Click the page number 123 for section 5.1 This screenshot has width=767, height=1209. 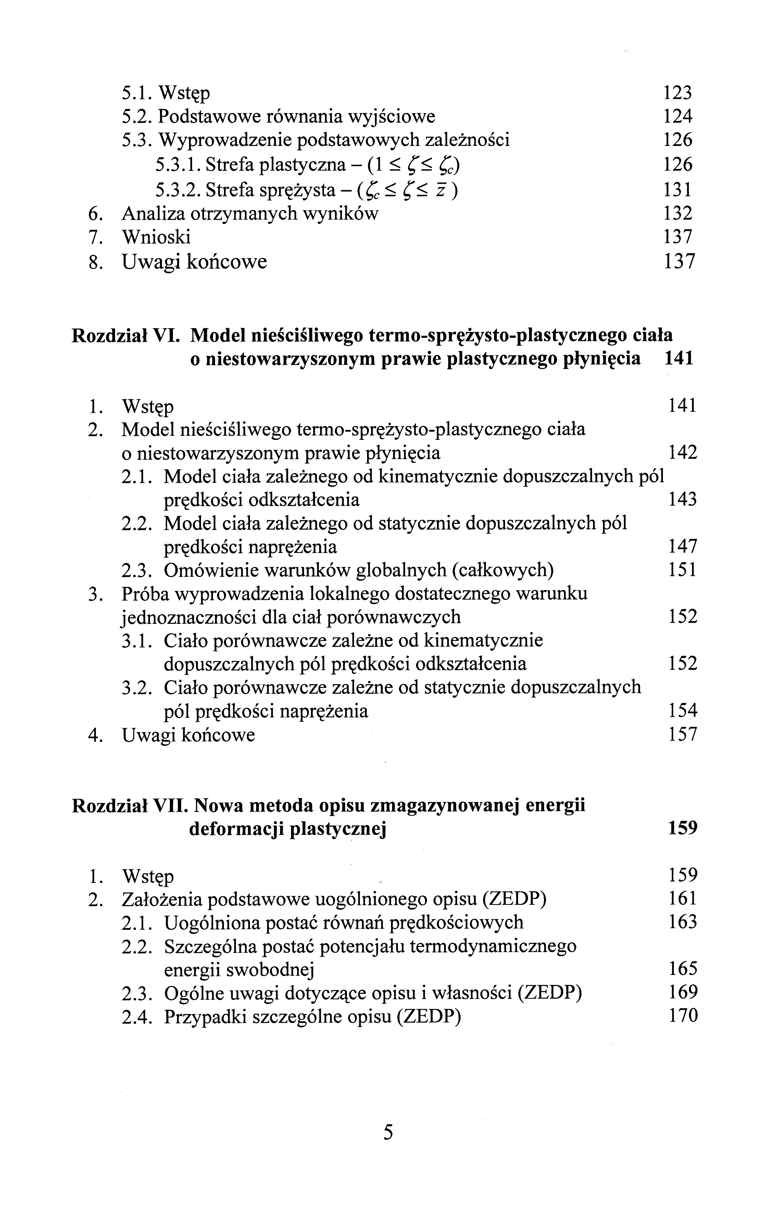[x=678, y=93]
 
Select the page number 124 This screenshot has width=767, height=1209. [x=678, y=116]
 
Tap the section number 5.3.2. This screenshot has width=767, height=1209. [x=178, y=190]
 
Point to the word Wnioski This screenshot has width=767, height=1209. [x=156, y=237]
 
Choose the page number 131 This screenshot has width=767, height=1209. [x=678, y=190]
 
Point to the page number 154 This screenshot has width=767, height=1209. [x=683, y=711]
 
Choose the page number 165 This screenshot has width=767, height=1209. [x=683, y=969]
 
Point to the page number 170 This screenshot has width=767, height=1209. [x=683, y=1016]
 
